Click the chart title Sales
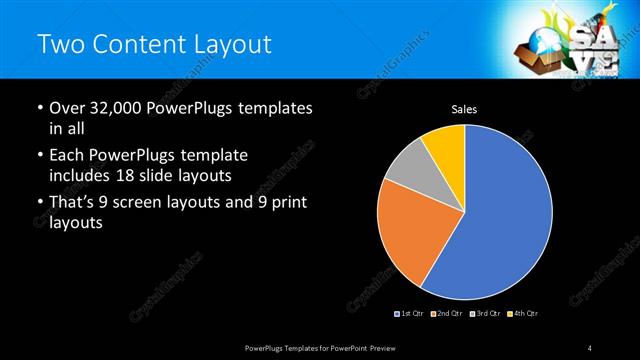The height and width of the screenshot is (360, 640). tap(464, 108)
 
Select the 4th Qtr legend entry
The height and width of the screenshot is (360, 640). tap(519, 314)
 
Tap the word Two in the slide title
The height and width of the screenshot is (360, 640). tap(59, 44)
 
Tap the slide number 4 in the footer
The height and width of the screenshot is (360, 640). tap(590, 347)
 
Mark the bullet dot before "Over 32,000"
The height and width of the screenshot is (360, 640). tap(39, 108)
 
